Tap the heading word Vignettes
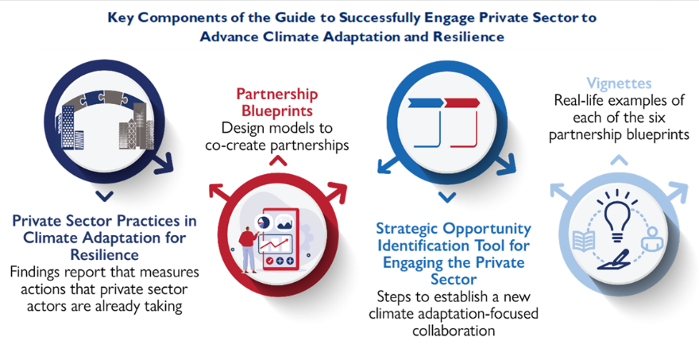pos(619,83)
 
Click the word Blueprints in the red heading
pos(277,111)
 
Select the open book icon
pos(583,242)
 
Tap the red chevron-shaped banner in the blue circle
pos(461,103)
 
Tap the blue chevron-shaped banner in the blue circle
pos(425,103)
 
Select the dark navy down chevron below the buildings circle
pos(104,196)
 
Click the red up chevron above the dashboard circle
pos(278,161)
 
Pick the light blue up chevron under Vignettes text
pos(619,161)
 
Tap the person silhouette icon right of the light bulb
pos(652,239)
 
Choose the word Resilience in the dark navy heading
pos(104,255)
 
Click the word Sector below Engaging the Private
pos(454,280)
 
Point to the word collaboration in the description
pos(454,331)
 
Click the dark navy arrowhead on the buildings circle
pos(163,163)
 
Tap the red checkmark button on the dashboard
pos(269,261)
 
